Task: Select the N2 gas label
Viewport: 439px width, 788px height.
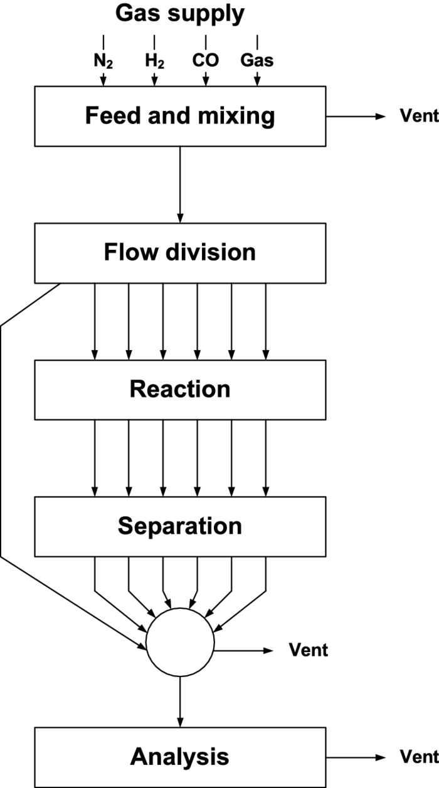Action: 103,62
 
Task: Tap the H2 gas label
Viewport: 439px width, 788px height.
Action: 154,62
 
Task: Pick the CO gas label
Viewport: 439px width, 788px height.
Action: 206,62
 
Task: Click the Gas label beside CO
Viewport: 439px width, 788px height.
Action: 257,62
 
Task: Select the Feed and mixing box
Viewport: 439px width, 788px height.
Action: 180,117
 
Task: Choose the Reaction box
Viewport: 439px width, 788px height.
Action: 180,390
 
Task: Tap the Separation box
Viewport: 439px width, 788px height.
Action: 180,526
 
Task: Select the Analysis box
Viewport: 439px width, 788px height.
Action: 180,757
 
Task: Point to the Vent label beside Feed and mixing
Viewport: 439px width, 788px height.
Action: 420,117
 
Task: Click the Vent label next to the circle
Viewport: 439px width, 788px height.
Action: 308,650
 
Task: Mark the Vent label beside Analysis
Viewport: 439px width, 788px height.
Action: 420,757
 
